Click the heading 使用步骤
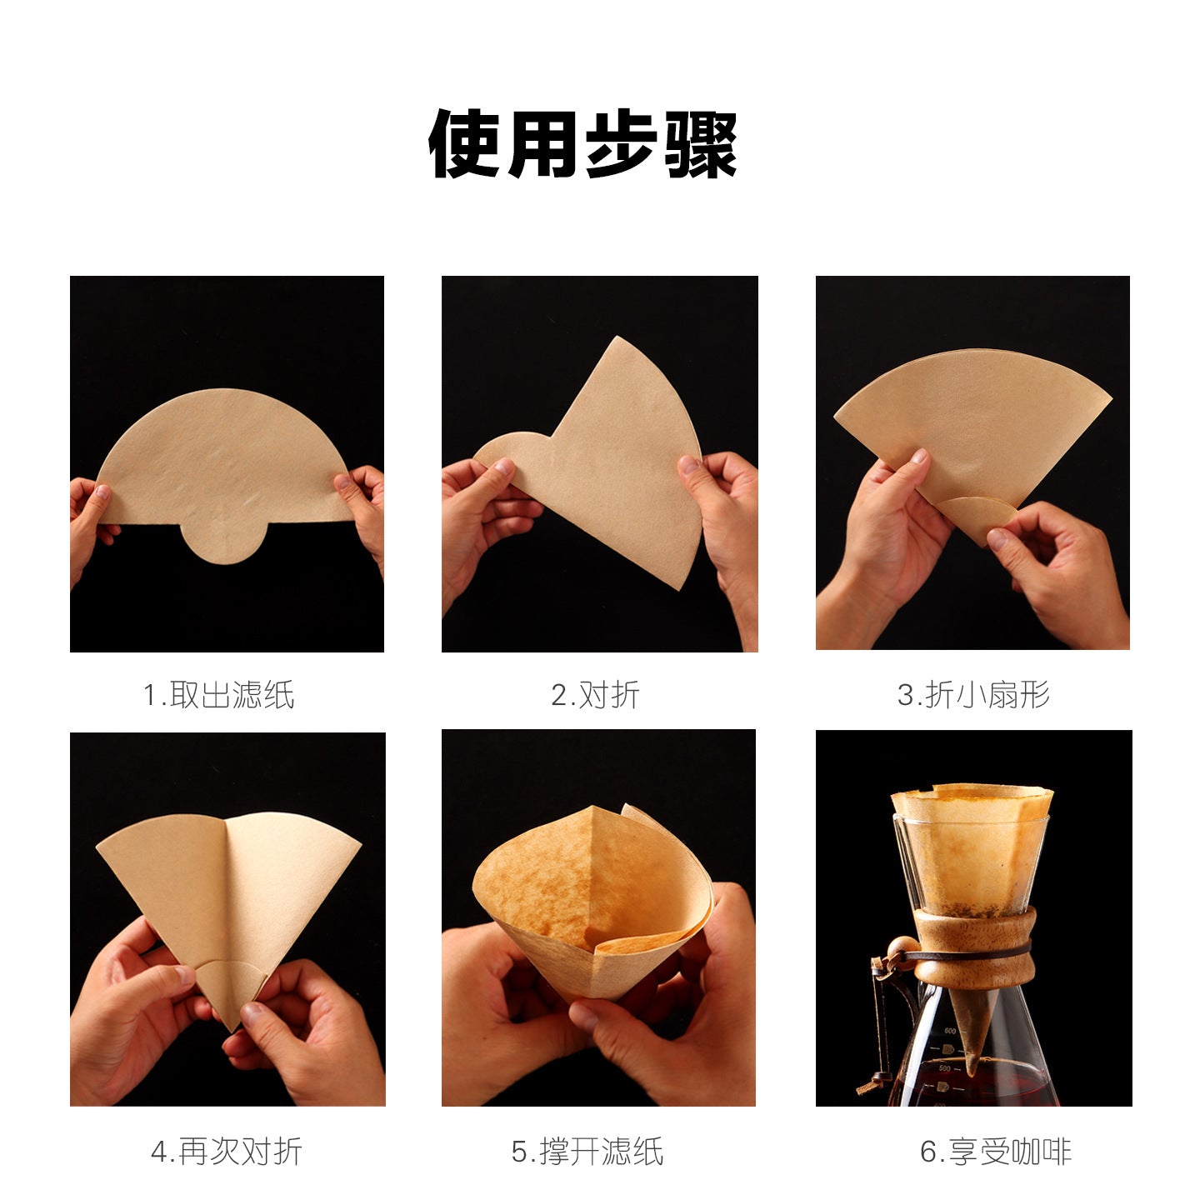(x=582, y=144)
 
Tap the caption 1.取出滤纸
(x=218, y=695)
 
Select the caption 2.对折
(x=595, y=695)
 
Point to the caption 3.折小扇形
(x=973, y=695)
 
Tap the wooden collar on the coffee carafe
(x=973, y=952)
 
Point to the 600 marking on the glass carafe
(x=950, y=1031)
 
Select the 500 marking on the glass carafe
(x=945, y=1068)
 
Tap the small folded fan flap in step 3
(x=976, y=517)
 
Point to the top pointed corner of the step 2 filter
(x=617, y=337)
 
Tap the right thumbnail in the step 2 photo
(x=687, y=464)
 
